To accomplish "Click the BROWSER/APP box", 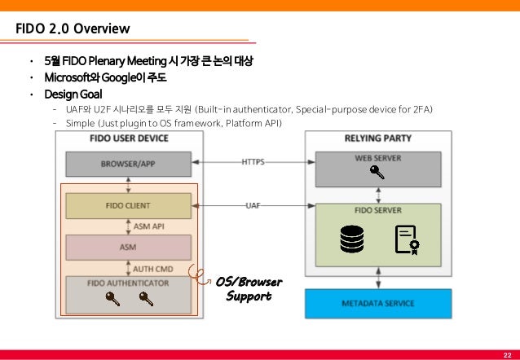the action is tap(128, 164).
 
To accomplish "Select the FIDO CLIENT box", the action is tap(128, 206).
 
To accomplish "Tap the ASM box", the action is tap(128, 248).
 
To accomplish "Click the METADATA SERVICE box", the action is tap(378, 304).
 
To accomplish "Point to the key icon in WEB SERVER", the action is tap(377, 173).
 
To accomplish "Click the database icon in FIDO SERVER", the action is tap(352, 239).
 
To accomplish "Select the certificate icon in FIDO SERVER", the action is tap(408, 240).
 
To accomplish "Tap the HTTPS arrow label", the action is tap(253, 162).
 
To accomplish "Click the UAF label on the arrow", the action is tap(253, 205).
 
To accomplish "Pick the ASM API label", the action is tap(149, 226).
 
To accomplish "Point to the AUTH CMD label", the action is tap(153, 269).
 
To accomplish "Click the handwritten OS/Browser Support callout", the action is tap(249, 288).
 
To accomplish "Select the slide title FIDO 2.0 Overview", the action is tap(73, 29).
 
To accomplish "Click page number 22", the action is tap(508, 355).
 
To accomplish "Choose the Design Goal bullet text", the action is tap(73, 94).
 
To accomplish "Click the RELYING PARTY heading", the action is tap(378, 138).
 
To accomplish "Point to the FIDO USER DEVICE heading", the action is tap(129, 138).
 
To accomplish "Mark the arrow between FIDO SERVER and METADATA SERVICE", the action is tap(378, 278).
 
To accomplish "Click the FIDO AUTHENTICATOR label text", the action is tap(128, 283).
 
